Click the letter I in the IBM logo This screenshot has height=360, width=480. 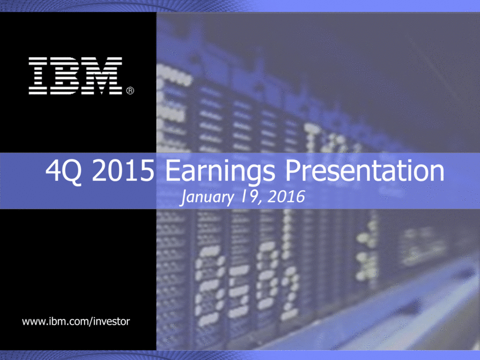click(38, 76)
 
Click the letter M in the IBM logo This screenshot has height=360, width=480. click(104, 76)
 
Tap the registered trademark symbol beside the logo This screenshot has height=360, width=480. click(130, 91)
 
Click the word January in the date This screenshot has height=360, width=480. click(207, 197)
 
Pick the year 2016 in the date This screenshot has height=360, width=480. click(286, 196)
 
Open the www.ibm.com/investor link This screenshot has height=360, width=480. click(76, 321)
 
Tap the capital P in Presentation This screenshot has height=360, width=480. click(293, 170)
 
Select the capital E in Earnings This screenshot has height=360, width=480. click(172, 170)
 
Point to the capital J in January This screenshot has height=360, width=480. click(184, 198)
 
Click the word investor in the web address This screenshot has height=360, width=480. click(112, 321)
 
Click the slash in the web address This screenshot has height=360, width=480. click(91, 321)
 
